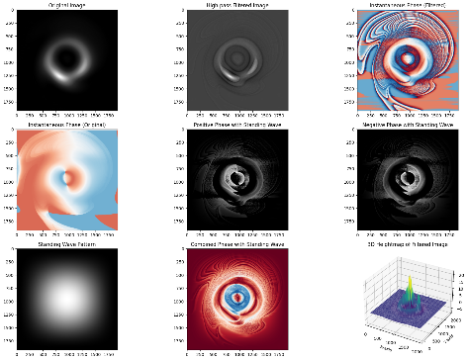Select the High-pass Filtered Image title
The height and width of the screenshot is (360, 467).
pos(233,6)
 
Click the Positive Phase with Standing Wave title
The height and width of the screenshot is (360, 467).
pos(233,125)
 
